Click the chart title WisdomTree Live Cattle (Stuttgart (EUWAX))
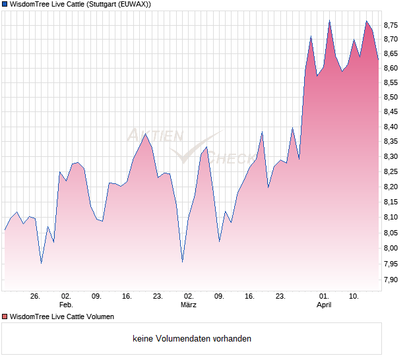(x=80, y=5)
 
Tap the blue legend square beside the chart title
(x=5, y=5)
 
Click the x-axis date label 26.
(x=36, y=297)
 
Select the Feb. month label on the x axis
(x=66, y=305)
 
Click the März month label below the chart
(x=189, y=305)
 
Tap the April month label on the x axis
(x=324, y=305)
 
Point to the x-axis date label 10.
(x=354, y=297)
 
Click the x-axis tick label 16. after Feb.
(x=127, y=297)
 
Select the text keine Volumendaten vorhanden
(x=192, y=339)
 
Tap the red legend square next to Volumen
(x=5, y=316)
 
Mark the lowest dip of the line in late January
(x=42, y=263)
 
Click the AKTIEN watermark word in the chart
(x=154, y=136)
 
